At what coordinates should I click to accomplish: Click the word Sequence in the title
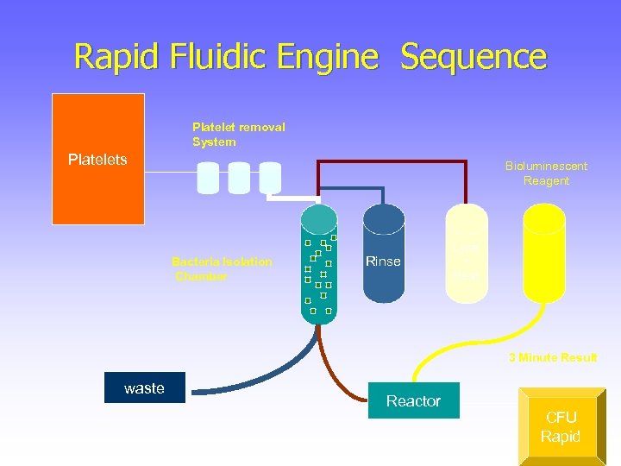(474, 57)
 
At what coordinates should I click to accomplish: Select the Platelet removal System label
(238, 135)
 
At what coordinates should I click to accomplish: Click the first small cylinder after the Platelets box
(208, 178)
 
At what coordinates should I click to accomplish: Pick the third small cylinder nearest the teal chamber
(270, 178)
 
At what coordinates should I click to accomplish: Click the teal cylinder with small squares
(319, 263)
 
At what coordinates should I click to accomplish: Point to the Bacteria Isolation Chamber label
(222, 268)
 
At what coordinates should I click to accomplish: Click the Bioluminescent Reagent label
(546, 173)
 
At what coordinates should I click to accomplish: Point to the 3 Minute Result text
(553, 357)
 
